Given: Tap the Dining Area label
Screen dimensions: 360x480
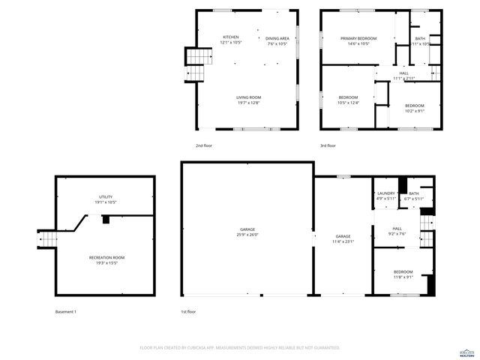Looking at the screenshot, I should [x=277, y=40].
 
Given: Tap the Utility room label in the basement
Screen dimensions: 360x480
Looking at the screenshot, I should [x=105, y=199].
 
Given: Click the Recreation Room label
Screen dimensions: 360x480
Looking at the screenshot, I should [x=105, y=260].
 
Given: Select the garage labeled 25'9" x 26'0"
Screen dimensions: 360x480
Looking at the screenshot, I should [x=247, y=232].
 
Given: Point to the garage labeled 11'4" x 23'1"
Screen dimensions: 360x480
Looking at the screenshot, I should [x=343, y=238].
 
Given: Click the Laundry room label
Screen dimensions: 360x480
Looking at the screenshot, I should [x=385, y=196].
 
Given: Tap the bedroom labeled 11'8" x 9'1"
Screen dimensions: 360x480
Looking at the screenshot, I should [x=403, y=274].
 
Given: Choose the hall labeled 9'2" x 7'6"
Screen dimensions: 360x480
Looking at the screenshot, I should [x=397, y=230].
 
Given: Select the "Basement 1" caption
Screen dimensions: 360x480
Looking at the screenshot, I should [x=66, y=311].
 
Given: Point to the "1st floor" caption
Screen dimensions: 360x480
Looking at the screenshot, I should [x=188, y=311].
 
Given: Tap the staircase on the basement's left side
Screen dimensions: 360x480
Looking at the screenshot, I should [x=47, y=238].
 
